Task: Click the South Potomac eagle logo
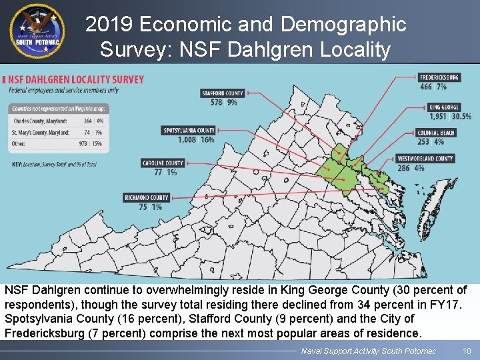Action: pos(37,31)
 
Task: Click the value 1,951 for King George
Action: pos(438,116)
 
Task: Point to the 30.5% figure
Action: pos(461,116)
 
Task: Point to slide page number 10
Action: pos(466,351)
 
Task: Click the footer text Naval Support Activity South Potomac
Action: pos(368,351)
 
